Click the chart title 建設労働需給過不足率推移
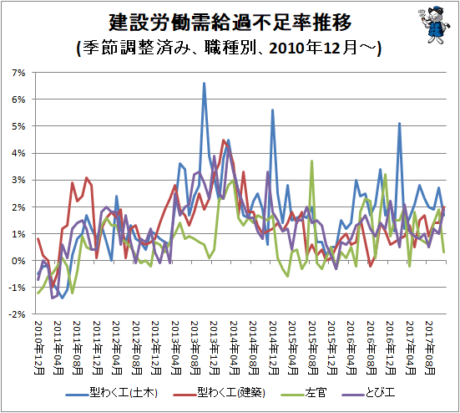pos(230,23)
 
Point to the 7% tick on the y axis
pos(18,73)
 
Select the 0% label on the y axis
pos(18,261)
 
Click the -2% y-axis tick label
pos(17,314)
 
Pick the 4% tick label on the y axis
pos(18,153)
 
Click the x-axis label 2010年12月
pos(39,348)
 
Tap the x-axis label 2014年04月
pos(234,348)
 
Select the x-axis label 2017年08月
pos(430,348)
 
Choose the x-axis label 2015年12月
pos(332,348)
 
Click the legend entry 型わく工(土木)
pos(112,393)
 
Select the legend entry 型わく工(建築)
pos(220,393)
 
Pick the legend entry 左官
pos(304,393)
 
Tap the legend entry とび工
pos(368,393)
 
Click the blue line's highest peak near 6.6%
pos(205,84)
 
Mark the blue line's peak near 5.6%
pos(272,110)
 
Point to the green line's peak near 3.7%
pos(312,161)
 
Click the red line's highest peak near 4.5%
pos(224,140)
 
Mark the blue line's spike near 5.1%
pos(399,124)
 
